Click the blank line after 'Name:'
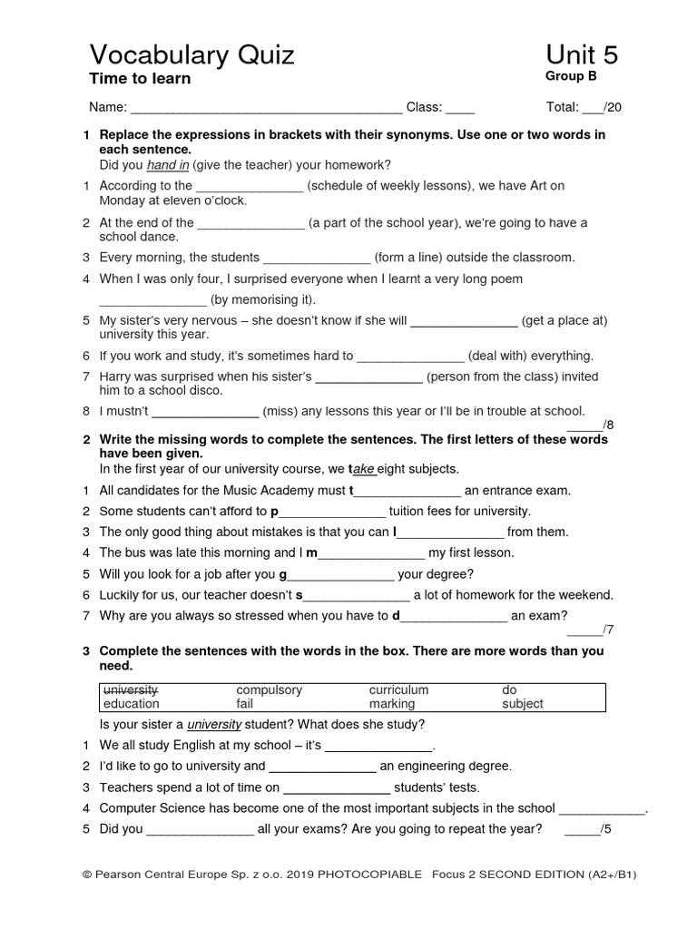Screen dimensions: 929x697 pos(267,108)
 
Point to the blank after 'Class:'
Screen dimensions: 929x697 pos(460,108)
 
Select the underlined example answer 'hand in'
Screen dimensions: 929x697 pos(168,164)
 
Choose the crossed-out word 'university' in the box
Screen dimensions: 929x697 pos(131,689)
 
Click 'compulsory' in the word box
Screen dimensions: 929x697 pos(269,689)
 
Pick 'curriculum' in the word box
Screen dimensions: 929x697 pos(398,689)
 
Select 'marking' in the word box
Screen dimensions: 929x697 pos(392,704)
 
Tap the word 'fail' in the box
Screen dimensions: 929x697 pos(245,704)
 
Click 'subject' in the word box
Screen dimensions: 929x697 pos(523,704)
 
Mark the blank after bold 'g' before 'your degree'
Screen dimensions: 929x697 pos(340,575)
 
